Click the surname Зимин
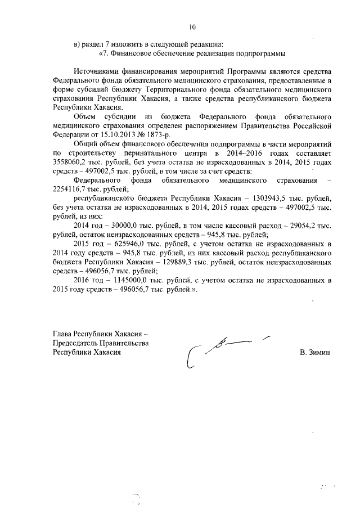319,352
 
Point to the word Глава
62,334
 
